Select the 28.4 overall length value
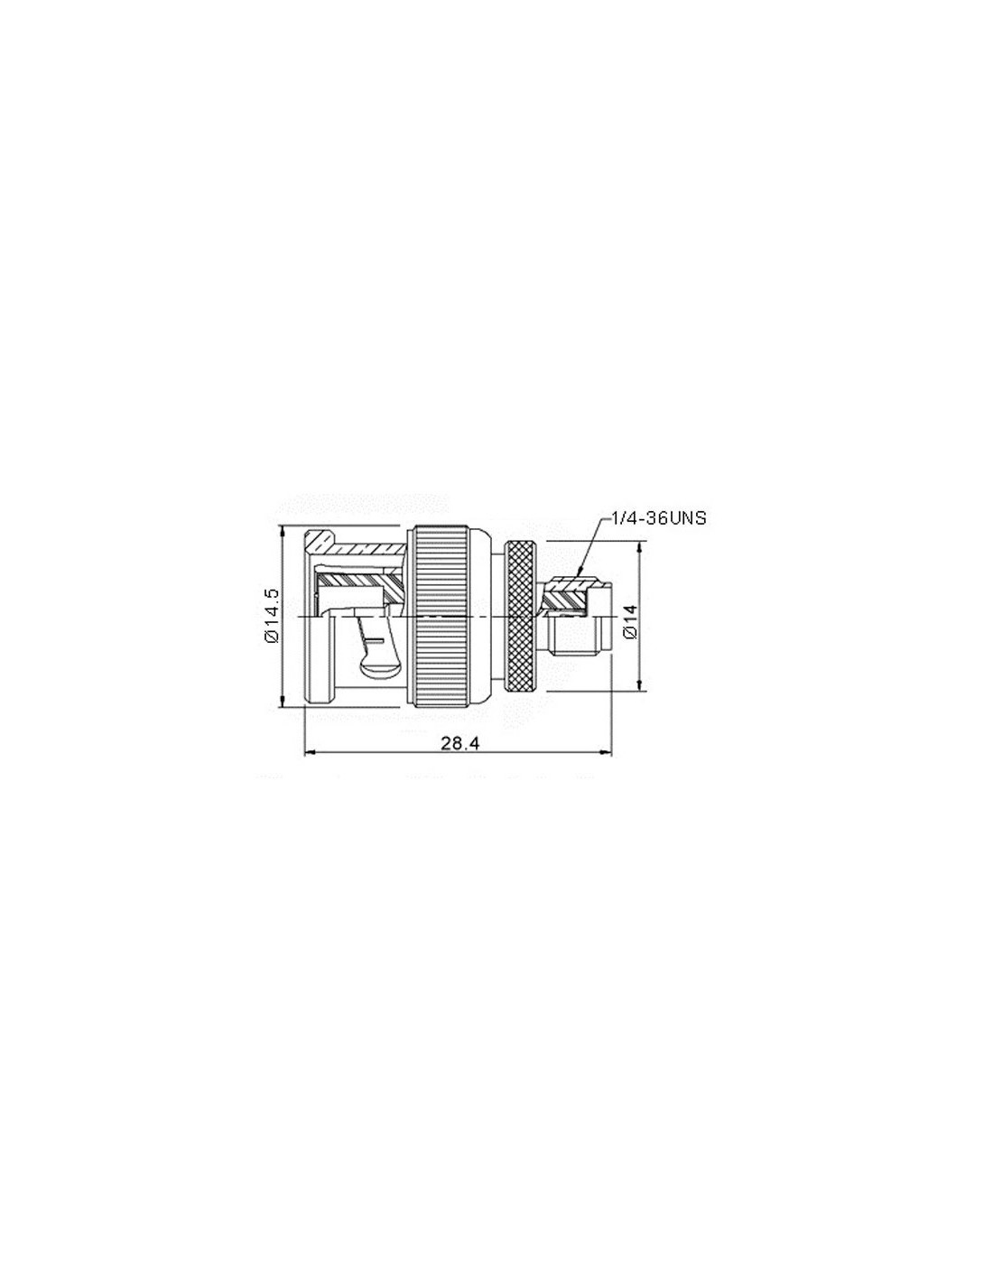pyautogui.click(x=459, y=743)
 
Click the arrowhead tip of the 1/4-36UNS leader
pyautogui.click(x=577, y=576)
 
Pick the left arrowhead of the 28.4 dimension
pyautogui.click(x=305, y=752)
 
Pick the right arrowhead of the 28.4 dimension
pyautogui.click(x=610, y=752)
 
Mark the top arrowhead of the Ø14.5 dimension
pyautogui.click(x=283, y=527)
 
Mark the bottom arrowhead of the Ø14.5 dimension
pyautogui.click(x=283, y=705)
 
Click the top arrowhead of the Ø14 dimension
pyautogui.click(x=638, y=544)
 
